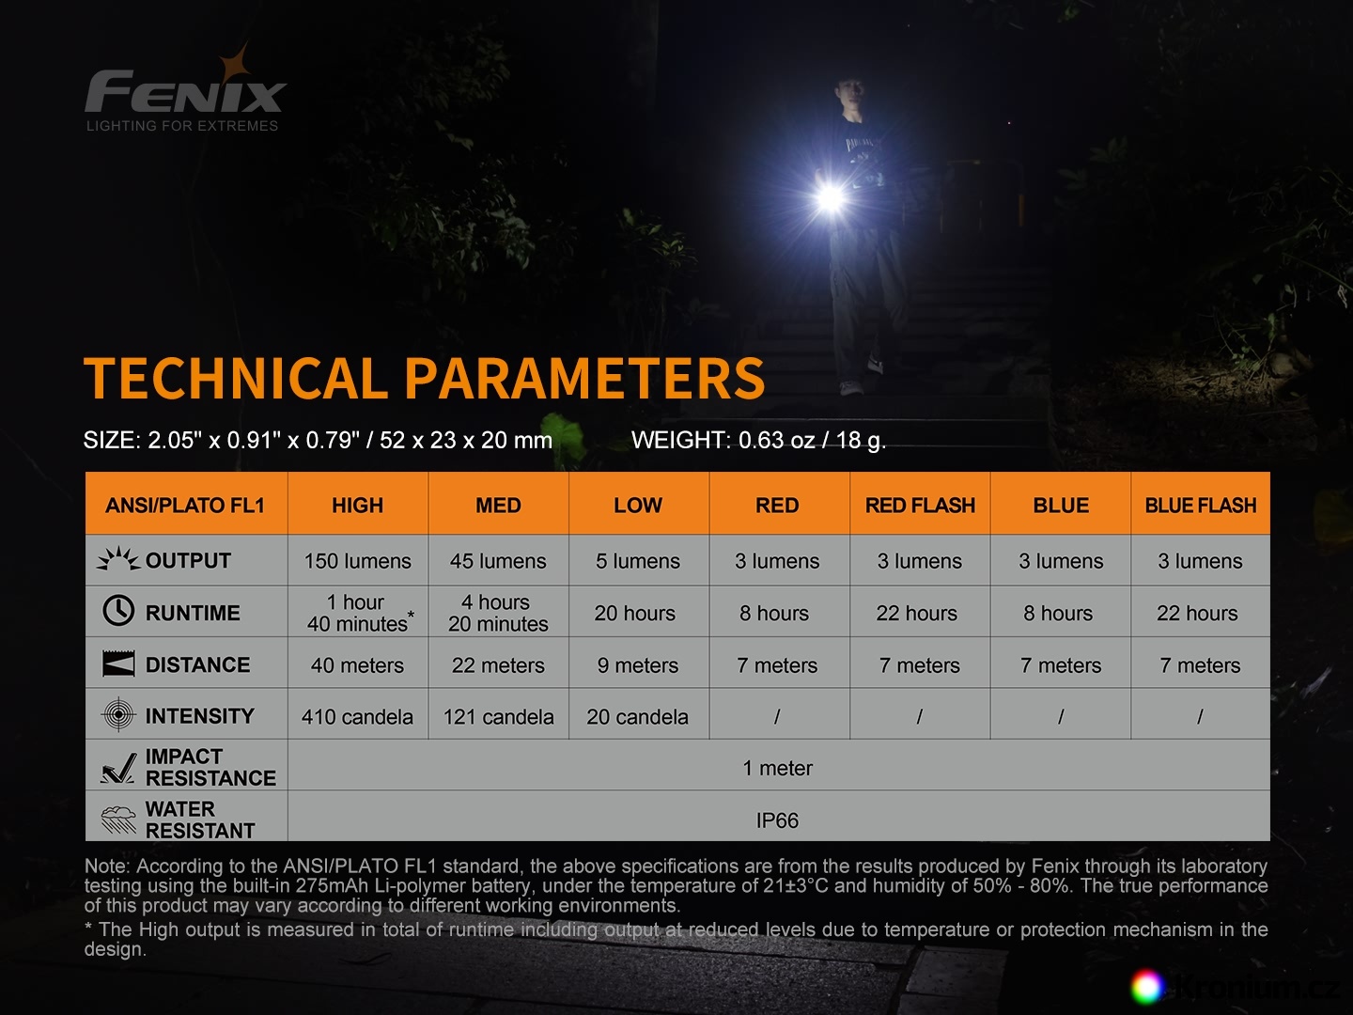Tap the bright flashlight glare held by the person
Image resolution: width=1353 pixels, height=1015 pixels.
[831, 197]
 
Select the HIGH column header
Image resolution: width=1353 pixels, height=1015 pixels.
[358, 506]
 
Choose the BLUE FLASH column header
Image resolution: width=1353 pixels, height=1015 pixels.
[1200, 506]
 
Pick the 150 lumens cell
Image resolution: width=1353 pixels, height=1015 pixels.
[358, 561]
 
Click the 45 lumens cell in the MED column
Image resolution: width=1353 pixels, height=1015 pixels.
[498, 561]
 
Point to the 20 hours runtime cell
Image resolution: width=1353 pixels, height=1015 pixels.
[635, 613]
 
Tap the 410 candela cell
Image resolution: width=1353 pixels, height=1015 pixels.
[358, 717]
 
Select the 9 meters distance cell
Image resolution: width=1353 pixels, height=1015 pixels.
[637, 665]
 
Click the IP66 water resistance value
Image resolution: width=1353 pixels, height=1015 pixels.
[777, 820]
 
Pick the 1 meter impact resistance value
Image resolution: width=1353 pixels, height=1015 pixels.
[777, 768]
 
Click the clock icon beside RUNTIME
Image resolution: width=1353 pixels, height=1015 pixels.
[117, 611]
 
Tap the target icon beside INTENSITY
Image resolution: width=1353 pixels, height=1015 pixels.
[117, 715]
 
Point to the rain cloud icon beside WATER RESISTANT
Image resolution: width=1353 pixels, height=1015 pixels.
[118, 820]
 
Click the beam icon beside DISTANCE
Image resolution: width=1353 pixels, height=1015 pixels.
[118, 664]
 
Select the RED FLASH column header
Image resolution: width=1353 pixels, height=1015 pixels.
[920, 506]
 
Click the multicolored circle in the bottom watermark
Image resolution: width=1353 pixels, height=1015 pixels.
[1146, 986]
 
